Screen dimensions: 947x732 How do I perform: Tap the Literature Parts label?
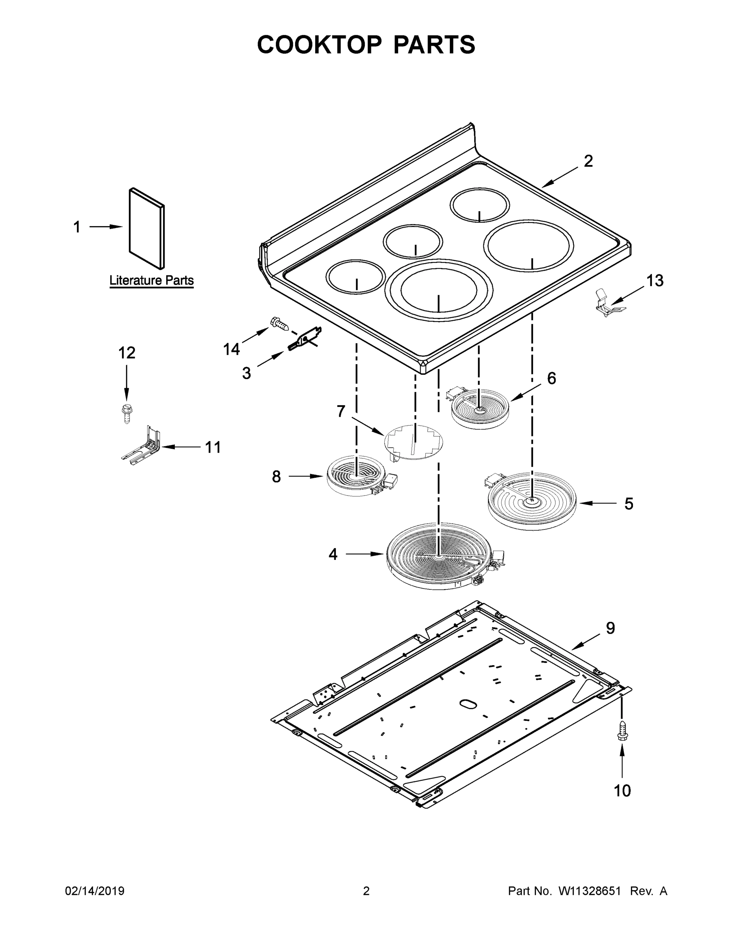pos(152,280)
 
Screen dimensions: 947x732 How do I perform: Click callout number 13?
pos(654,281)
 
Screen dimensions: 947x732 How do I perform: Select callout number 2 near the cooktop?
pos(588,161)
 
